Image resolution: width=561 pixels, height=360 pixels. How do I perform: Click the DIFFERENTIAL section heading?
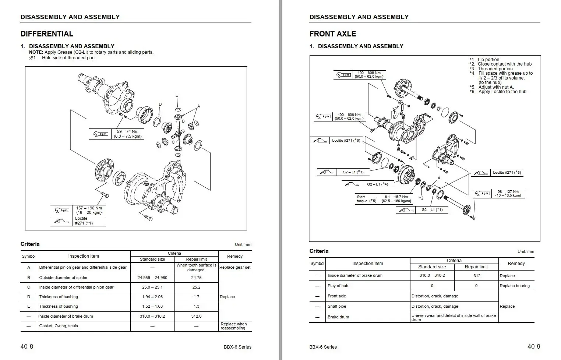[47, 34]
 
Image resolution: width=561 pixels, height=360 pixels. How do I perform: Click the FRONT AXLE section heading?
[332, 34]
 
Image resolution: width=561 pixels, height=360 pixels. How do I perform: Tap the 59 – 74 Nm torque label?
[127, 131]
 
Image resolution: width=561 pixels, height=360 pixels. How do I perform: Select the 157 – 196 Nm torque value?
[89, 208]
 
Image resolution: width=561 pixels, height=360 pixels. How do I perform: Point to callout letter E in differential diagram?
[177, 96]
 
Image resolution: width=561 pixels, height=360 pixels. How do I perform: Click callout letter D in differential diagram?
[160, 104]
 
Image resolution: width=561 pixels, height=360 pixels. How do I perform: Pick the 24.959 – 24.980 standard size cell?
[152, 278]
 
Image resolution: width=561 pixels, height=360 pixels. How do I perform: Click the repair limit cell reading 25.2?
[196, 287]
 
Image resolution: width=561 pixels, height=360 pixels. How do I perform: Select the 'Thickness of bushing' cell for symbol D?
[59, 297]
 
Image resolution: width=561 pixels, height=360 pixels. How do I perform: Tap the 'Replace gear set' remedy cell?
[235, 267]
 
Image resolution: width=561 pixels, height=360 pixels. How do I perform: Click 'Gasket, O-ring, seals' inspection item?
[59, 326]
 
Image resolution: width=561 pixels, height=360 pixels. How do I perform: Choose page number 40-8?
[27, 346]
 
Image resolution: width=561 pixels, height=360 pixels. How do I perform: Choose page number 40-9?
[534, 346]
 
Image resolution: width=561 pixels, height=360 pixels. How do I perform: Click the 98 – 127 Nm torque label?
[508, 192]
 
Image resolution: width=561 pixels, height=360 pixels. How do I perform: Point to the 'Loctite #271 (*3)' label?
[507, 172]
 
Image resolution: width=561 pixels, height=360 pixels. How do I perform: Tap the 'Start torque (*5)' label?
[367, 199]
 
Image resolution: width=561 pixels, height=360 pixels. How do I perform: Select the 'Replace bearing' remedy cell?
[515, 286]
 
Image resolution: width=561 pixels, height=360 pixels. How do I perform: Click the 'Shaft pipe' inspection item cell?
[337, 306]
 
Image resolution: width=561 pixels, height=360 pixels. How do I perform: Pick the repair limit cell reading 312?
[477, 276]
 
